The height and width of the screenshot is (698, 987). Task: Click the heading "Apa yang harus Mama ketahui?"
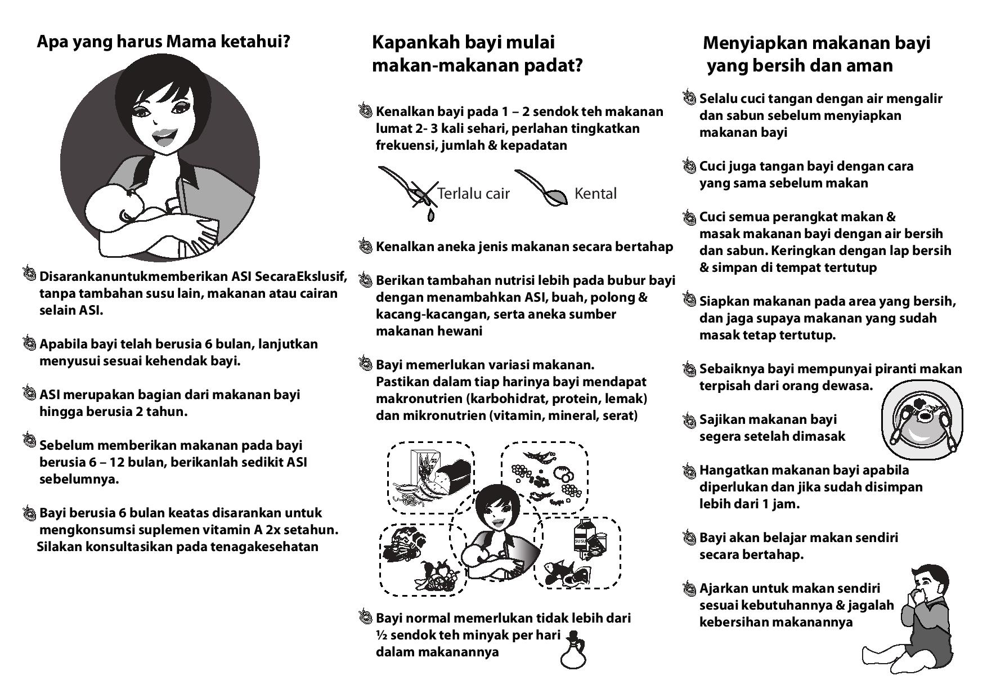click(163, 42)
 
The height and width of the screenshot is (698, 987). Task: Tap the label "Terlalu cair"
click(473, 194)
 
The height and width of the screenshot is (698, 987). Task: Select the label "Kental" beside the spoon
click(595, 194)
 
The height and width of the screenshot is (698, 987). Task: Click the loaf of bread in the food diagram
click(454, 476)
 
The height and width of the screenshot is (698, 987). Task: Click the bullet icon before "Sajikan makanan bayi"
click(689, 420)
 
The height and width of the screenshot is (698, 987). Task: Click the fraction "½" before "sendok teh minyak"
click(381, 635)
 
